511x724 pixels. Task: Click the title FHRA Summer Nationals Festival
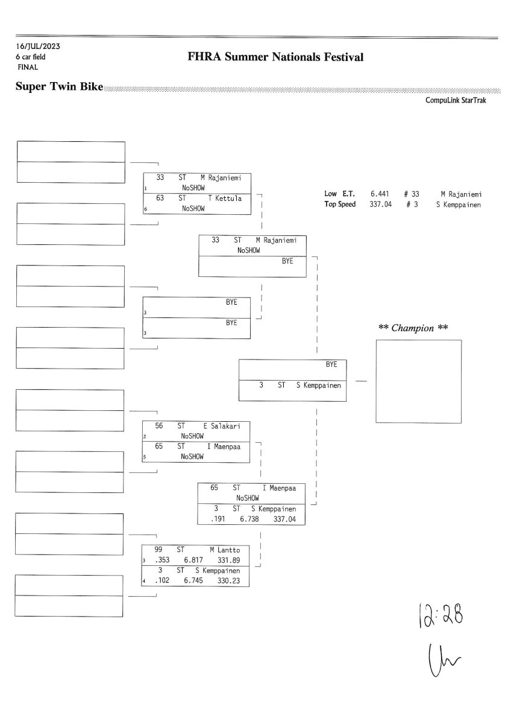click(x=276, y=57)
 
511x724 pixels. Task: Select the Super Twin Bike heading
click(x=59, y=88)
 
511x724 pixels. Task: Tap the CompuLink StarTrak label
click(x=456, y=101)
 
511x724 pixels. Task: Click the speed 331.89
click(x=229, y=560)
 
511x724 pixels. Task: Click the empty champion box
click(x=419, y=381)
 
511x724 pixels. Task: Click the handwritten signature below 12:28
click(x=439, y=657)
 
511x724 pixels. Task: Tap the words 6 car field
click(x=31, y=57)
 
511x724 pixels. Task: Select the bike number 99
click(x=158, y=550)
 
